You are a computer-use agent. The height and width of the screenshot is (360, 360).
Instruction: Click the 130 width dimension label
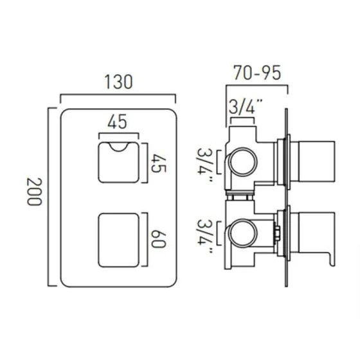(x=117, y=82)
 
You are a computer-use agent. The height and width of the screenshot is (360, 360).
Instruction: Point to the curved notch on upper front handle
(x=118, y=149)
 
